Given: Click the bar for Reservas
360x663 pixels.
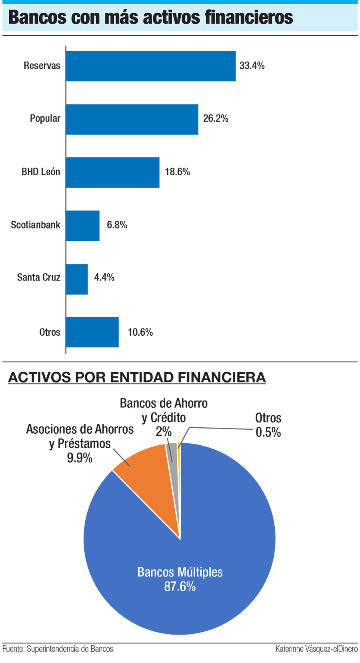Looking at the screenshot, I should tap(150, 66).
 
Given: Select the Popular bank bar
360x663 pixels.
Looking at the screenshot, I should tap(132, 119).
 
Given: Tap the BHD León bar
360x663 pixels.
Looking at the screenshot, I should tap(112, 172).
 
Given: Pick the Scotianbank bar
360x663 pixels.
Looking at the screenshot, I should tap(82, 226).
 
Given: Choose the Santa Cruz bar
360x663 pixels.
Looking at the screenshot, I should tap(77, 279).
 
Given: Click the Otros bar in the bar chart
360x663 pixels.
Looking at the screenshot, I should tap(92, 332).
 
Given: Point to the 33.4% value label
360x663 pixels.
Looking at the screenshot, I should tap(252, 66).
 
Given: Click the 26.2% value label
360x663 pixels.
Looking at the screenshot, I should tap(216, 118).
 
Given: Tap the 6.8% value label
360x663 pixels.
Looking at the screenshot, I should tap(117, 225).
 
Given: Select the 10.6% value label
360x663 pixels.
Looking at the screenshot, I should tap(140, 332).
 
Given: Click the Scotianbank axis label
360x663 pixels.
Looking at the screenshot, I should tap(36, 225).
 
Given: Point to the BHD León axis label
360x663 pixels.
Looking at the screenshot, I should tap(41, 172).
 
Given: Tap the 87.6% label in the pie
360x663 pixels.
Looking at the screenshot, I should tap(180, 587).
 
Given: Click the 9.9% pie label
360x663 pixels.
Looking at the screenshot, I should tap(80, 458).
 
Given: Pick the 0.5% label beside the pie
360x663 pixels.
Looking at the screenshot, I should tap(268, 433).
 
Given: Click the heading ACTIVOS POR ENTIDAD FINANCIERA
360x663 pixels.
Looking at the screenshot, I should tap(137, 377).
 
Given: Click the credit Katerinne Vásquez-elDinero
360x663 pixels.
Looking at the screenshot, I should tap(316, 649).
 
